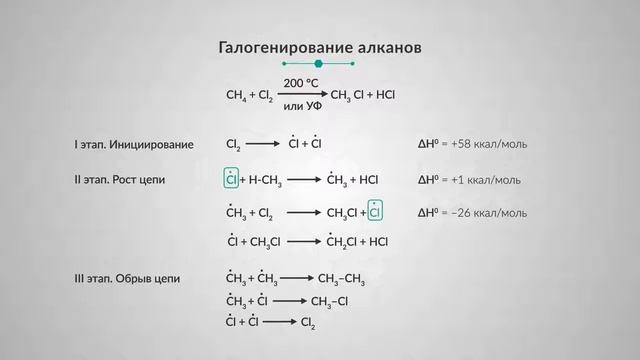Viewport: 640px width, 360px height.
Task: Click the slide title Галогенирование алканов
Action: [319, 47]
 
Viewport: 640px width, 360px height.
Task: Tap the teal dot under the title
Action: [319, 64]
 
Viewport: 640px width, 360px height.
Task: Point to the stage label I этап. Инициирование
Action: [134, 145]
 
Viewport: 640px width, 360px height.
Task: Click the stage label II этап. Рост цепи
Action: [120, 180]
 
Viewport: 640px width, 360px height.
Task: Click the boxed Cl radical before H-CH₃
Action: [231, 180]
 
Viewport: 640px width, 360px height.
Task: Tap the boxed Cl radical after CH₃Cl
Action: [375, 212]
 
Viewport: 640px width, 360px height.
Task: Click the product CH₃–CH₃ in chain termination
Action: [341, 278]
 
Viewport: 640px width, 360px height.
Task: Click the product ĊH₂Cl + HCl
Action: [357, 241]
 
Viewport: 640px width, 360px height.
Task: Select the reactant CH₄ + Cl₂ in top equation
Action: [249, 95]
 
